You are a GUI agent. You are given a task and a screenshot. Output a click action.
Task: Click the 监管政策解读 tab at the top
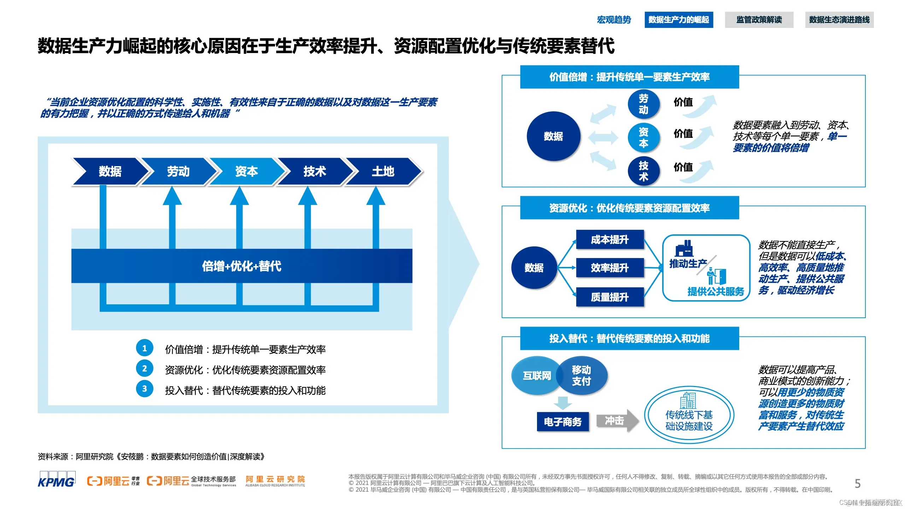click(759, 20)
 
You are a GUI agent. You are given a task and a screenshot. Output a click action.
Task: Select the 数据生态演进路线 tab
click(839, 20)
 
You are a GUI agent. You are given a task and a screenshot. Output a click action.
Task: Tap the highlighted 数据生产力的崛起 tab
click(678, 20)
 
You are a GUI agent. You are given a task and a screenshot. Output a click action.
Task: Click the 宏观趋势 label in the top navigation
click(614, 20)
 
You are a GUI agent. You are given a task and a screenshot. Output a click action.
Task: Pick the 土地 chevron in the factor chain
click(383, 171)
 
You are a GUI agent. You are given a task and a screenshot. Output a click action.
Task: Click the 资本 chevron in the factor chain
click(246, 171)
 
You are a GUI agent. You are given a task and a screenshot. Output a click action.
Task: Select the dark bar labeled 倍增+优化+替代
click(242, 266)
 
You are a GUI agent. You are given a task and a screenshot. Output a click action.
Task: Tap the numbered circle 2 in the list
click(145, 369)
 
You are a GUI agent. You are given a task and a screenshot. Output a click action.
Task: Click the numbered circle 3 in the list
click(145, 389)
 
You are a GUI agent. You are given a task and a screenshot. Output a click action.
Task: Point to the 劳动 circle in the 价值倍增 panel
click(643, 104)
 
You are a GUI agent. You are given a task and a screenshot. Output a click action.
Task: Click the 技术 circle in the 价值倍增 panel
click(643, 171)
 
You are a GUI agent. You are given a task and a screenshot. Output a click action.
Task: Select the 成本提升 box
click(609, 240)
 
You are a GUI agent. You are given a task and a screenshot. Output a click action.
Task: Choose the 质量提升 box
click(609, 297)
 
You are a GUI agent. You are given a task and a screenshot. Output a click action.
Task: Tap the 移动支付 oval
click(582, 375)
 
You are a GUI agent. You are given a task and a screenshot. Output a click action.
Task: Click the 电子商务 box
click(562, 422)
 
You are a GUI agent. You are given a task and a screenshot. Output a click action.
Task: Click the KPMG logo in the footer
click(56, 480)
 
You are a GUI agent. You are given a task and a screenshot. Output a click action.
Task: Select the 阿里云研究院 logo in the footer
click(275, 481)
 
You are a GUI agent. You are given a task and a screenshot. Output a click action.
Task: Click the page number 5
click(857, 484)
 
